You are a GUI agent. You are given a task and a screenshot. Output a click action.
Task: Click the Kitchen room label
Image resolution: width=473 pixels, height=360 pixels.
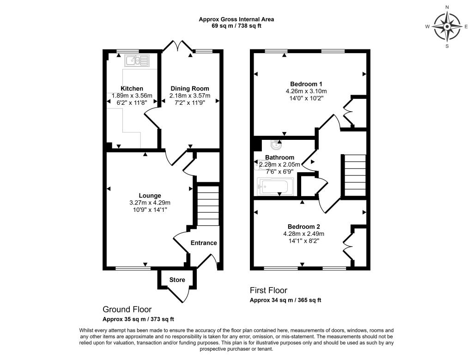(132, 89)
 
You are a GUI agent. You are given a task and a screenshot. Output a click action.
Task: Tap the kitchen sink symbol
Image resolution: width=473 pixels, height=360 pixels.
(137, 60)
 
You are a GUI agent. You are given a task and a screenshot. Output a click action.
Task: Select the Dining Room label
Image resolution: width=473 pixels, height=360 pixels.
(190, 89)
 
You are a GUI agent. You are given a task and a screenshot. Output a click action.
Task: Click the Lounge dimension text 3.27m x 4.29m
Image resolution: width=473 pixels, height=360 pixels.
(150, 203)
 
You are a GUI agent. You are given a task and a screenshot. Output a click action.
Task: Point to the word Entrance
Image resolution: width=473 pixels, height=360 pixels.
(204, 243)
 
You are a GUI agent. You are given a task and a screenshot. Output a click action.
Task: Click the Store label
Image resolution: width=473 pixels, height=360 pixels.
(177, 280)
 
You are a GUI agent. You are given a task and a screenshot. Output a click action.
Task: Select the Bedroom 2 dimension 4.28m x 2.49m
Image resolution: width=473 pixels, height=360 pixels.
(304, 234)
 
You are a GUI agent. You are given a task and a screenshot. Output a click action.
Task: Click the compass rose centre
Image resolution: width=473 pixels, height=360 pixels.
(447, 26)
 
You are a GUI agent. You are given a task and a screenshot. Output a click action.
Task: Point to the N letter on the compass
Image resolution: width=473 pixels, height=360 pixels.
(447, 7)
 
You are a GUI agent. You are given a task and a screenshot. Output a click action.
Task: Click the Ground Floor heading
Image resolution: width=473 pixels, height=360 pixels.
(127, 309)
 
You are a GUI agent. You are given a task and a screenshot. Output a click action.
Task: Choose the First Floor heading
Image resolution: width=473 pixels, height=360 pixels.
(268, 290)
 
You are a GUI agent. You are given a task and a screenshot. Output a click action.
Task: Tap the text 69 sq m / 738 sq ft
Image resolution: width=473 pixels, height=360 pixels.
(236, 26)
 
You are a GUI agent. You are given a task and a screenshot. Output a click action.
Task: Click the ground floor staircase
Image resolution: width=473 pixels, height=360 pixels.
(208, 206)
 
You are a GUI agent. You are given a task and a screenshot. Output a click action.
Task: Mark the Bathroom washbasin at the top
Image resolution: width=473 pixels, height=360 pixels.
(276, 145)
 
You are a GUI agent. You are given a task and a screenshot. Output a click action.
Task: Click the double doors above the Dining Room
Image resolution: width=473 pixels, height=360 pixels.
(178, 46)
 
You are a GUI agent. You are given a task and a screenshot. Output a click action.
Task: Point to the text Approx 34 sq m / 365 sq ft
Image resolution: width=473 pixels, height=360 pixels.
(285, 300)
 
